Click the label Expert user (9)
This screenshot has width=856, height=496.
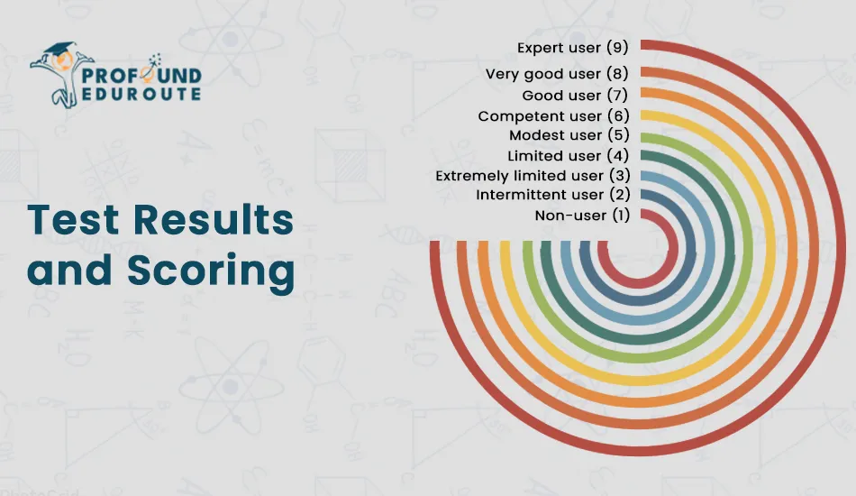(573, 48)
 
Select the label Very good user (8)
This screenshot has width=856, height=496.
(558, 74)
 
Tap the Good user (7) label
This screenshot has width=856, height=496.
(576, 95)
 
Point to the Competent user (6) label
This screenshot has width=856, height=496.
(553, 115)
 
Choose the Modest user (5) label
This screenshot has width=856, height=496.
(569, 135)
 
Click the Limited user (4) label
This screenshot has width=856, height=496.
(569, 156)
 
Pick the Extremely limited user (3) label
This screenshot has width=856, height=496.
(533, 175)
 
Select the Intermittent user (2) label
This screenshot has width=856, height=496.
(553, 195)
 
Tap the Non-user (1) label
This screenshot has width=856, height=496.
(582, 216)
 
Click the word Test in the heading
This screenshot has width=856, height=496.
(73, 220)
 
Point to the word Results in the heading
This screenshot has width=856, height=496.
(214, 220)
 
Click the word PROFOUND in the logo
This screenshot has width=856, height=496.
(141, 75)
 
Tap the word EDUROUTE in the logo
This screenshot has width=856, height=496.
(141, 94)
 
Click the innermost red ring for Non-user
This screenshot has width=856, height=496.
(638, 283)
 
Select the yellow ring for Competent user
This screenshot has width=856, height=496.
(638, 381)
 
